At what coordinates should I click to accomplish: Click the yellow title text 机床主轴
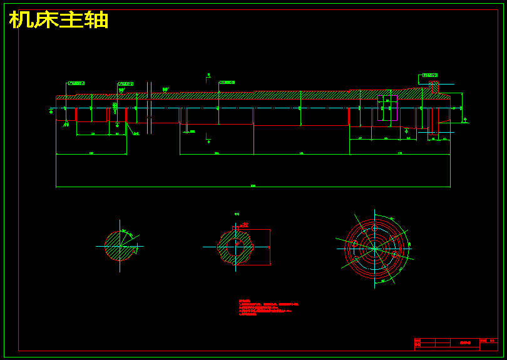coord(59,20)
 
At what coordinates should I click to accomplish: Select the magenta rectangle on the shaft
coord(387,108)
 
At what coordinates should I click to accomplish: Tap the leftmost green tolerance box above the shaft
coord(76,83)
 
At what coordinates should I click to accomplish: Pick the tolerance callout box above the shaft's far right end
coord(430,75)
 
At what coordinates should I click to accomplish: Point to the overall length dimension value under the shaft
coord(253,185)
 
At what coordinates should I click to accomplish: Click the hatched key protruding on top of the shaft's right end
coord(434,87)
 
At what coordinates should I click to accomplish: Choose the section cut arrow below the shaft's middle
coord(208,140)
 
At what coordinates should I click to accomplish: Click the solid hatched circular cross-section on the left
coord(119,246)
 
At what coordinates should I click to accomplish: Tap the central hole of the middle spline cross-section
coord(236,247)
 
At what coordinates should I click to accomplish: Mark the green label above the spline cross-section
coord(237,214)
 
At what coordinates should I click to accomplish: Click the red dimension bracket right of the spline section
coord(270,247)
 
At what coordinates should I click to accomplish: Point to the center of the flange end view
coord(374,248)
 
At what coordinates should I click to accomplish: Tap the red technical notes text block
coord(263,307)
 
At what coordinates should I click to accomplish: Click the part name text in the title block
coord(465,342)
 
